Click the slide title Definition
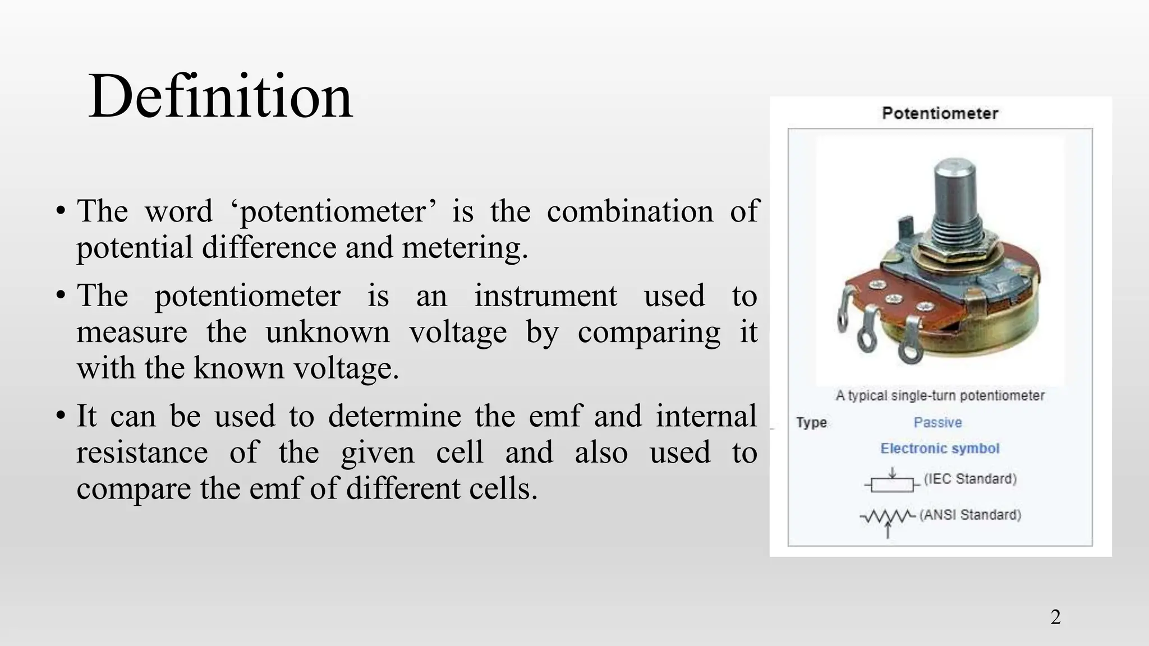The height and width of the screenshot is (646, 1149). coord(220,96)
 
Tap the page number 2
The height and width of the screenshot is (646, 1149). coord(1055,617)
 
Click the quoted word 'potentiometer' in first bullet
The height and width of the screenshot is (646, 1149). coord(333,212)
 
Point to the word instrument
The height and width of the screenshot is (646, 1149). coord(545,296)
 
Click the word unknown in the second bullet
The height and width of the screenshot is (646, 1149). coord(327,332)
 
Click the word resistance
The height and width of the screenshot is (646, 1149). coord(142,453)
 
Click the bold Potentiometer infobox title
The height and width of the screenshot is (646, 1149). coord(940,113)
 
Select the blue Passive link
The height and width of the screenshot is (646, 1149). coord(937,422)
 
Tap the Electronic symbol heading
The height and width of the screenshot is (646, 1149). coord(940,449)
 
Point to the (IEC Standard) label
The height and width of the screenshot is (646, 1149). coord(970,479)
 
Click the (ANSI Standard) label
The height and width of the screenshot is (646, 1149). coord(970,515)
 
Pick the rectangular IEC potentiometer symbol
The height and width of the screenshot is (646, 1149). coord(892,483)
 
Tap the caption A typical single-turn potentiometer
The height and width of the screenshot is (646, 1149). coord(940,395)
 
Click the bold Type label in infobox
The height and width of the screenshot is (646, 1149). coord(811,422)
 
